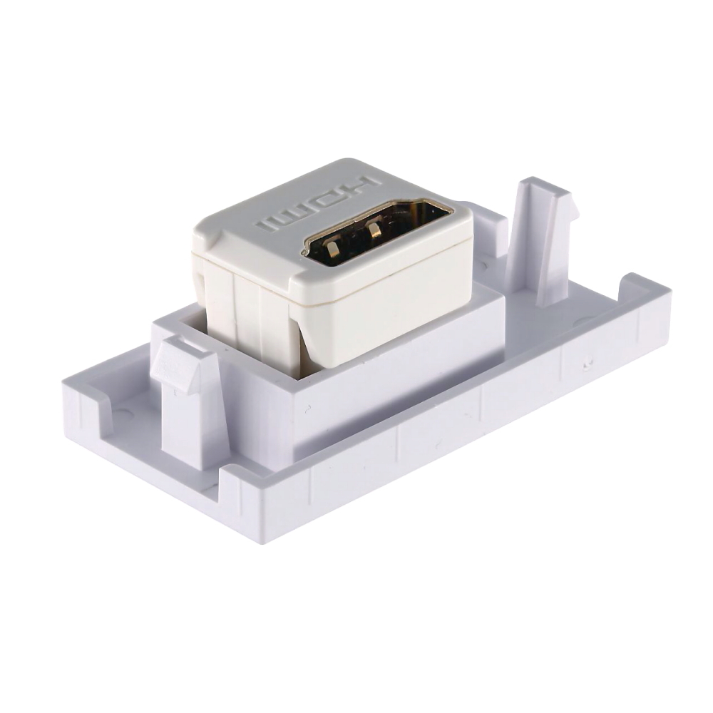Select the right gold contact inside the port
coord(376,230)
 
